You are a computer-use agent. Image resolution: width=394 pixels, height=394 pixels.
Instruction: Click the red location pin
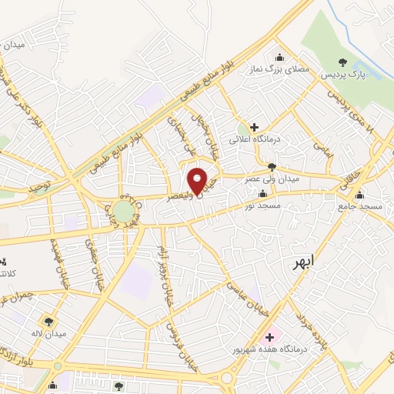click(x=198, y=180)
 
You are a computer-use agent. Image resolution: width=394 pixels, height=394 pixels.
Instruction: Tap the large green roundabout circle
click(x=123, y=211)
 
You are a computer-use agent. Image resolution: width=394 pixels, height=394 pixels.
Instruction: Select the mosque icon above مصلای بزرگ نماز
click(x=279, y=57)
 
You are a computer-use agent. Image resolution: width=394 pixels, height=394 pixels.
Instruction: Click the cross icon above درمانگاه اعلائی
click(x=255, y=126)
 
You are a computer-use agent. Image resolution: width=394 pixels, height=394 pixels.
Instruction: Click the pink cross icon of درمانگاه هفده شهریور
click(x=270, y=336)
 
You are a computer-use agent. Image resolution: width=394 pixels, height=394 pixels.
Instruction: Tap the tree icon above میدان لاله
click(x=49, y=322)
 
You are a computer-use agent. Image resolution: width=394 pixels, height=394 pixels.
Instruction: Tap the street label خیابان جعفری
click(x=90, y=262)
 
